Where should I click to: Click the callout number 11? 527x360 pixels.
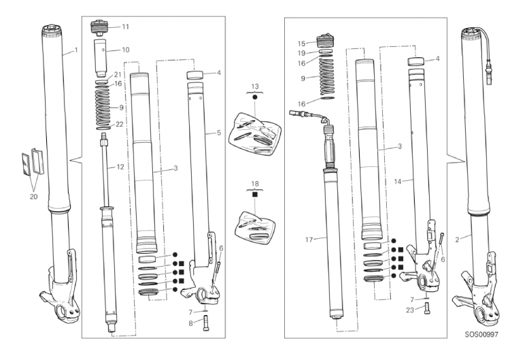(126, 27)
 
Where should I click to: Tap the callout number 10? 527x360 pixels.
(125, 50)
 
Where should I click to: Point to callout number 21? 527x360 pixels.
(117, 74)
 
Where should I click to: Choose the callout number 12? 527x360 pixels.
(120, 167)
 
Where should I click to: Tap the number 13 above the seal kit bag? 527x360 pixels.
(255, 86)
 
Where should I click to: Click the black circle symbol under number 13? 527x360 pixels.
(255, 98)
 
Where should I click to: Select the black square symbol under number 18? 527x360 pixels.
(255, 194)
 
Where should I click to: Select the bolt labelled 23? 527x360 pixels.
(425, 308)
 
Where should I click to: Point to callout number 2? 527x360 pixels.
(460, 238)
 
